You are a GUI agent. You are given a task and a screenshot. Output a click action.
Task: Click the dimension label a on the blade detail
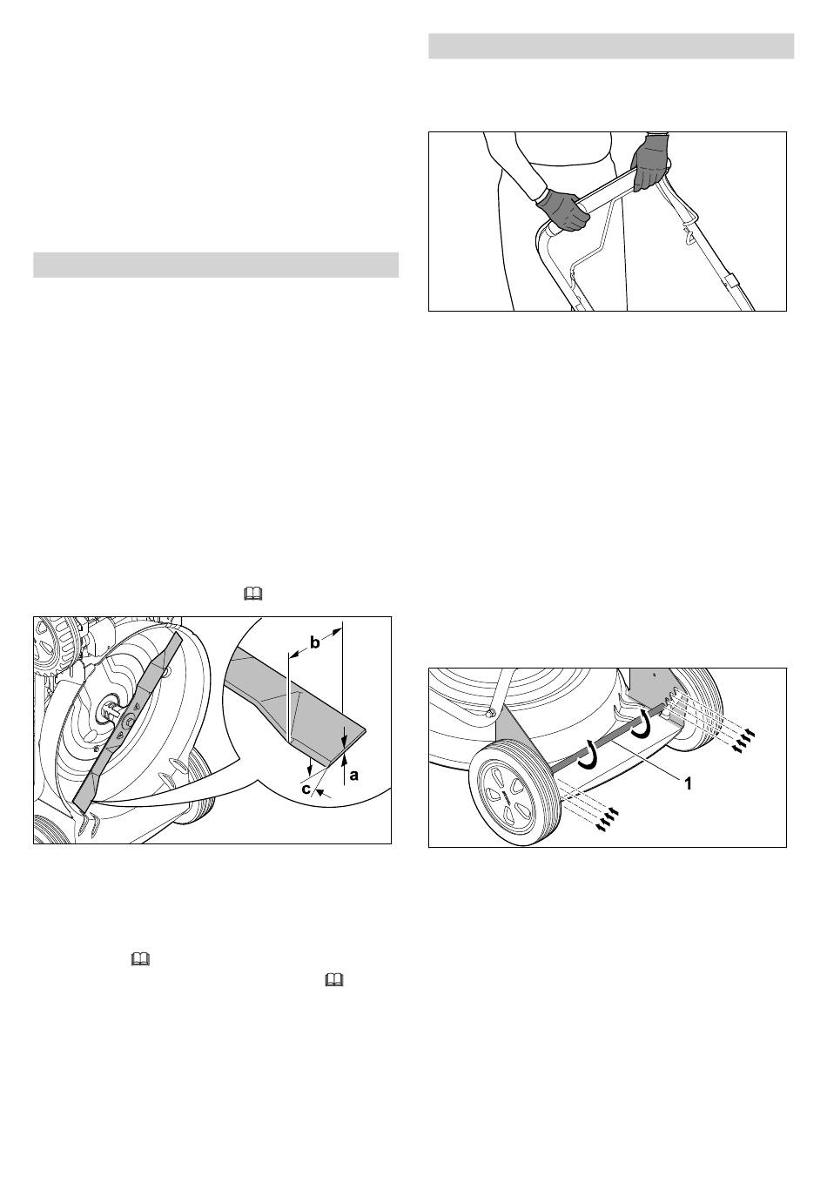[353, 775]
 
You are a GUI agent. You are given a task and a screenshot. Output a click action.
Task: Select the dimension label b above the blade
[315, 643]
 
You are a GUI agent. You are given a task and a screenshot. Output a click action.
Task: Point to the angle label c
[305, 789]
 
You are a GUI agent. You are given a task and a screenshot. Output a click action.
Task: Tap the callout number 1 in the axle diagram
[689, 783]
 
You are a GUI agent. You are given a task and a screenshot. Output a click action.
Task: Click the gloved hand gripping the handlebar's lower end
[562, 209]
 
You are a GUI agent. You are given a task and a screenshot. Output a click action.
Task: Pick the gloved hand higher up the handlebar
[649, 161]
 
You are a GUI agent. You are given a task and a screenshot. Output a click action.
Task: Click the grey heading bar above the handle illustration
[611, 46]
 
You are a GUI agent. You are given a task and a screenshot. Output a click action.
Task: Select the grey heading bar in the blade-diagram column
[216, 265]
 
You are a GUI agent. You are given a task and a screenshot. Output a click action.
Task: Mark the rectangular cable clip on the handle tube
[731, 281]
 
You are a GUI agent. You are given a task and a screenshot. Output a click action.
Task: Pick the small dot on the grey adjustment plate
[655, 675]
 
